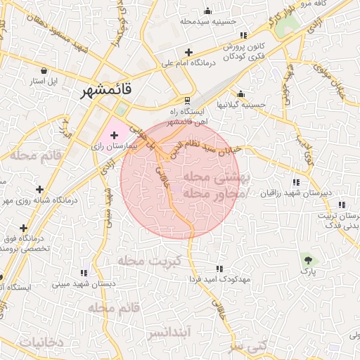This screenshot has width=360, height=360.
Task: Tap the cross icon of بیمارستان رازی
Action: coord(115,134)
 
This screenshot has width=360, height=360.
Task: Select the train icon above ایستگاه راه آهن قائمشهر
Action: coord(187,101)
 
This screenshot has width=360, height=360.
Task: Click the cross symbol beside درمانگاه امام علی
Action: coord(188,52)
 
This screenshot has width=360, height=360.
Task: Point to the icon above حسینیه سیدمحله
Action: coord(207,11)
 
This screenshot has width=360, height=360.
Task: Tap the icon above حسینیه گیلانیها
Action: coord(241,94)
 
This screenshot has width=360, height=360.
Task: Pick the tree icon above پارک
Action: coord(305,258)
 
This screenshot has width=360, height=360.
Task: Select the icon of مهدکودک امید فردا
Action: coord(219,269)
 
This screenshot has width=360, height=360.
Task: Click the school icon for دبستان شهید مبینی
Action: coord(84,273)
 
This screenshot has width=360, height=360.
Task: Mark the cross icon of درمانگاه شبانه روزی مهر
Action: coord(40,189)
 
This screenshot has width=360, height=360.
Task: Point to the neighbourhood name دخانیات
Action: coord(41,342)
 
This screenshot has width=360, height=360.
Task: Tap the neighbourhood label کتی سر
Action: coord(252,347)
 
